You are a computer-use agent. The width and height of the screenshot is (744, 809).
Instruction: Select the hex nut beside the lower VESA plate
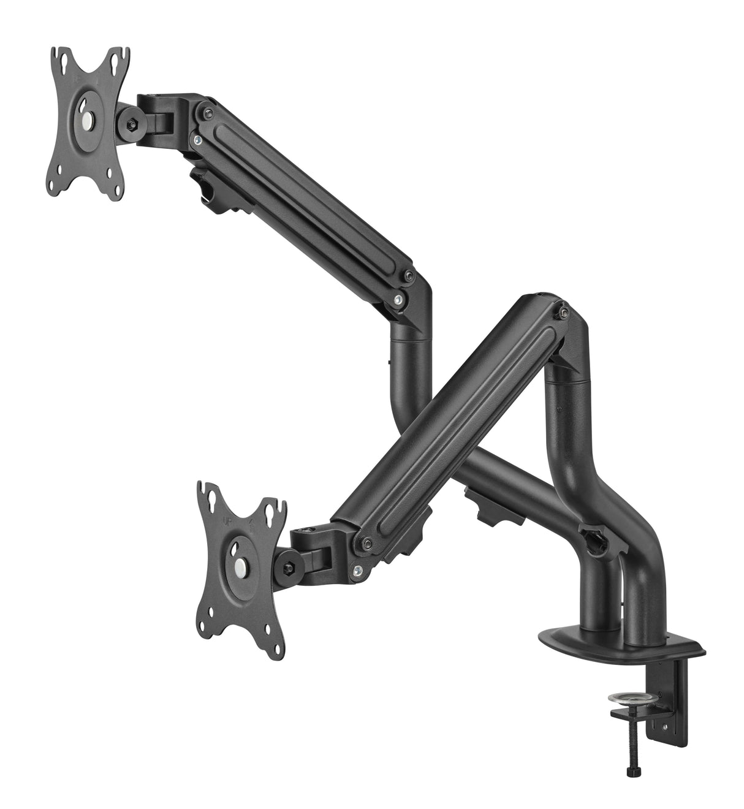[287, 563]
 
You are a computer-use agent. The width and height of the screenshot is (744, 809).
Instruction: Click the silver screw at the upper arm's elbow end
[400, 299]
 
